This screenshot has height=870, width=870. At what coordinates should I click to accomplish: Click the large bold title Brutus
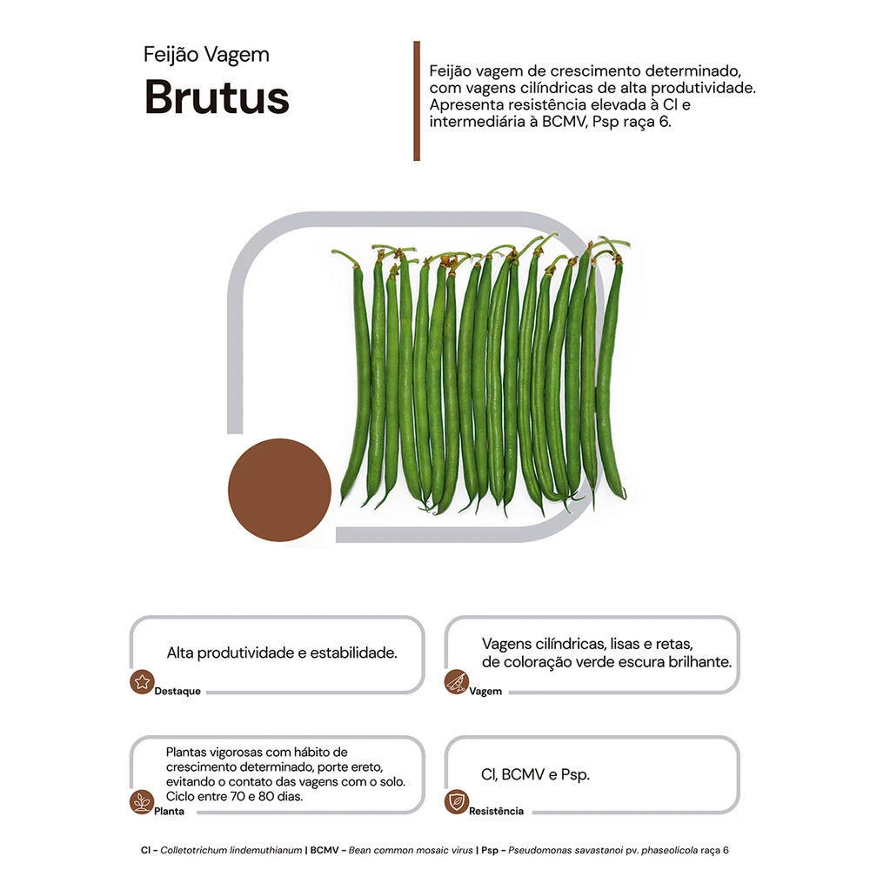coord(217,97)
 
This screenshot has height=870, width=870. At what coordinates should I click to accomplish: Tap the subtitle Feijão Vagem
coord(206,55)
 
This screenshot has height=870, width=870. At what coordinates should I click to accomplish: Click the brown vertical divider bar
coord(417,101)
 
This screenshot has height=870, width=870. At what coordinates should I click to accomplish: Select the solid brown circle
coord(279,490)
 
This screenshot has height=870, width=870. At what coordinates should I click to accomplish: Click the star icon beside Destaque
coord(142,682)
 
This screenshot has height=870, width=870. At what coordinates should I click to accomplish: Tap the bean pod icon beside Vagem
coord(457,682)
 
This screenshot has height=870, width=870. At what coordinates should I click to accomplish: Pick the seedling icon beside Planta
coord(142,802)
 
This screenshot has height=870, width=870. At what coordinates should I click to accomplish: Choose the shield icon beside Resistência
coord(456,802)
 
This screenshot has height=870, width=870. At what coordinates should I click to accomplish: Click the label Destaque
coord(177,692)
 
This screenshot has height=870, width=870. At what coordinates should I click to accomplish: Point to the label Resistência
coord(496,811)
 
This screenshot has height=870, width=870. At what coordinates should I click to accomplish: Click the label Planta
coord(170,811)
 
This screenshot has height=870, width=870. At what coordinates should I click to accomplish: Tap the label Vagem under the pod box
coord(485,692)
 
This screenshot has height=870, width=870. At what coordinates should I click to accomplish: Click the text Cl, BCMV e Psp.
coord(535,774)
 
